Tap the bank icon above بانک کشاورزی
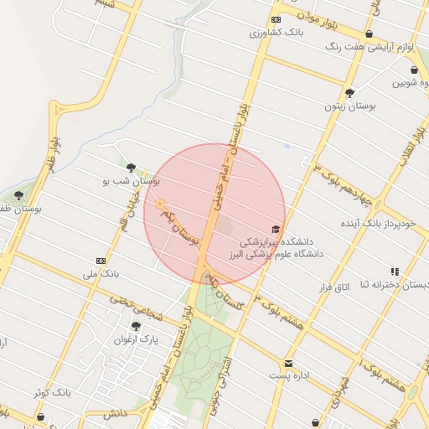[x=276, y=19]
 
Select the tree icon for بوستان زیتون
[x=349, y=93]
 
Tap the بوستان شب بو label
[x=131, y=180]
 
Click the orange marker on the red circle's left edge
[x=158, y=204]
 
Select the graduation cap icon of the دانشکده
[x=276, y=229]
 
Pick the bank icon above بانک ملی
[x=101, y=261]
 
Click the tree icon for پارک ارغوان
[x=136, y=326]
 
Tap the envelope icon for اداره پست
[x=288, y=363]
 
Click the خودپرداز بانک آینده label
[x=378, y=224]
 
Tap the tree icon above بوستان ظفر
[x=18, y=195]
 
